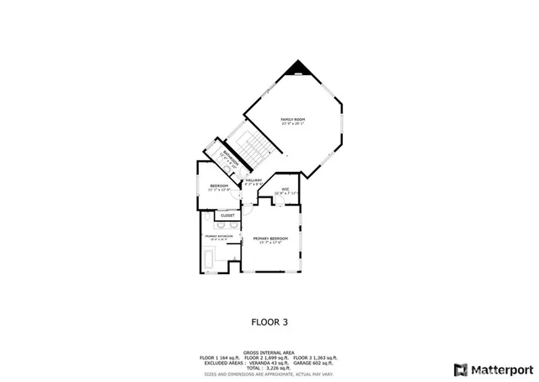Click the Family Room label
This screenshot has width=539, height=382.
click(x=293, y=120)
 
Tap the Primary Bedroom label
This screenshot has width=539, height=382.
click(x=270, y=239)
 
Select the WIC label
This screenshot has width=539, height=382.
click(x=286, y=188)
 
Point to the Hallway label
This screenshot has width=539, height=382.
click(x=253, y=180)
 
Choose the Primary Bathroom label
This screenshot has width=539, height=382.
click(x=217, y=236)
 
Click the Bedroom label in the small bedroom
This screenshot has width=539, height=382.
click(x=219, y=186)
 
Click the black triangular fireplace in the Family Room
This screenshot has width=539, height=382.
click(x=296, y=68)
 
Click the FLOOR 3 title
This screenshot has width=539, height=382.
click(x=269, y=321)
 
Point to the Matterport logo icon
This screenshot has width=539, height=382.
click(x=460, y=369)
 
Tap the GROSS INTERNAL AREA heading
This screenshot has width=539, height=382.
click(x=269, y=352)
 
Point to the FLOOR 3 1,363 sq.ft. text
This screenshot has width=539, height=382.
click(x=317, y=358)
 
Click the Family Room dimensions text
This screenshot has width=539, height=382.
click(x=293, y=125)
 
